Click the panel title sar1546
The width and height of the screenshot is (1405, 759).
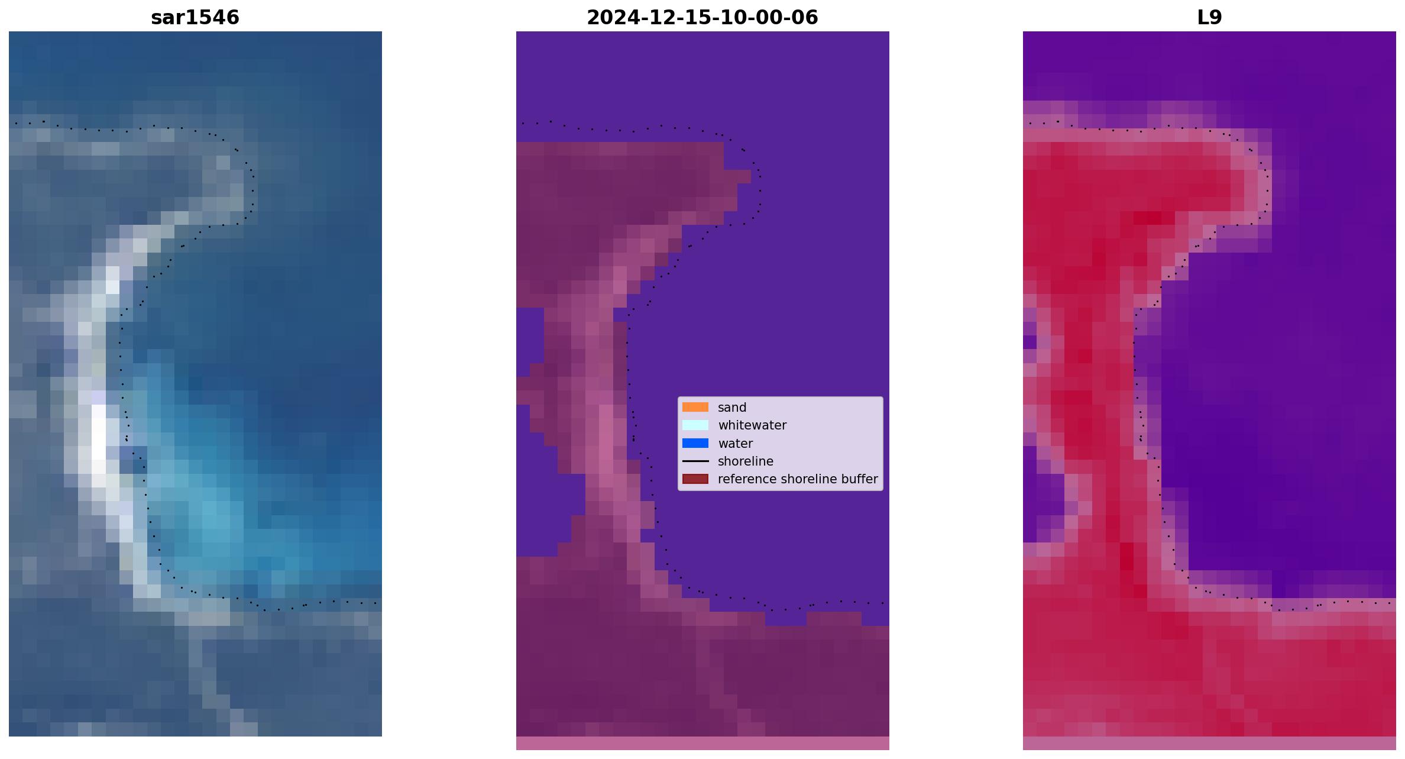pyautogui.click(x=195, y=17)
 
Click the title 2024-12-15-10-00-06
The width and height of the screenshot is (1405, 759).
pyautogui.click(x=702, y=17)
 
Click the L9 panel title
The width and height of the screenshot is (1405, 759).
pyautogui.click(x=1209, y=17)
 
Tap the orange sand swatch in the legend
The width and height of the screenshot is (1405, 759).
pyautogui.click(x=695, y=407)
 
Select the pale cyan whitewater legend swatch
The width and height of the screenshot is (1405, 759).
pyautogui.click(x=695, y=425)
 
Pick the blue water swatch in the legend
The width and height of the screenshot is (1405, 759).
pyautogui.click(x=695, y=443)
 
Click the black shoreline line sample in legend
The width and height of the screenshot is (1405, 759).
pyautogui.click(x=695, y=461)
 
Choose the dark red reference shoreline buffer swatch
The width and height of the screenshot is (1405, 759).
pyautogui.click(x=695, y=479)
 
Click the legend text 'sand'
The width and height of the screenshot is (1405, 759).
pyautogui.click(x=732, y=408)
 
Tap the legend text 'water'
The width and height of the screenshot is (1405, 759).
pyautogui.click(x=735, y=444)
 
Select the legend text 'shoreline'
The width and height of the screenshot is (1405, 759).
pyautogui.click(x=746, y=461)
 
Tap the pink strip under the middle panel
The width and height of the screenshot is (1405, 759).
pyautogui.click(x=702, y=743)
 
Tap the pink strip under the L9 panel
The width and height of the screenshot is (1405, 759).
pyautogui.click(x=1209, y=743)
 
